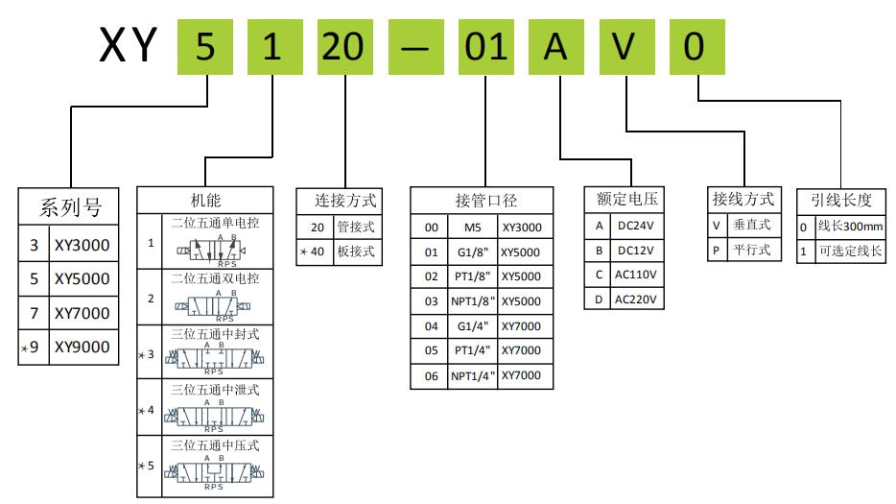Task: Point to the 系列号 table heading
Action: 70,206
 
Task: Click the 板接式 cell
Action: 355,252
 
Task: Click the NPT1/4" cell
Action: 473,376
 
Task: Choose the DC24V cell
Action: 636,226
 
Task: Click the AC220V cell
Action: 636,299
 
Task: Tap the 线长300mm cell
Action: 850,228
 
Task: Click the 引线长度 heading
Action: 841,201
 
